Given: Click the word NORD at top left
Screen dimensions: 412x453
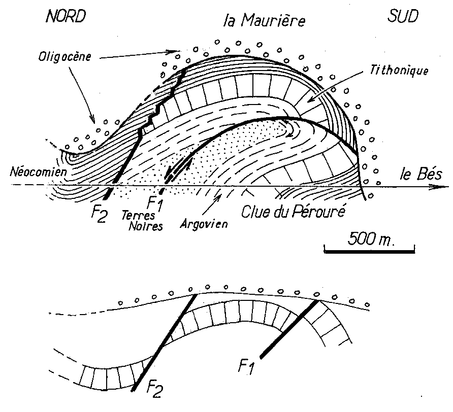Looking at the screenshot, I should coord(64,17).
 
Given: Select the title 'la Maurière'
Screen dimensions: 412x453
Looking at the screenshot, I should coord(265,21).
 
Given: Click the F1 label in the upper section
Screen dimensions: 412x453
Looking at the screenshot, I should coord(153,205).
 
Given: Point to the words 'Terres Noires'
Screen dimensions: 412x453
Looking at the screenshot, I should coord(142,221).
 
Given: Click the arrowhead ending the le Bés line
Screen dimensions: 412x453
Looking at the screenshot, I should coord(436,187).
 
